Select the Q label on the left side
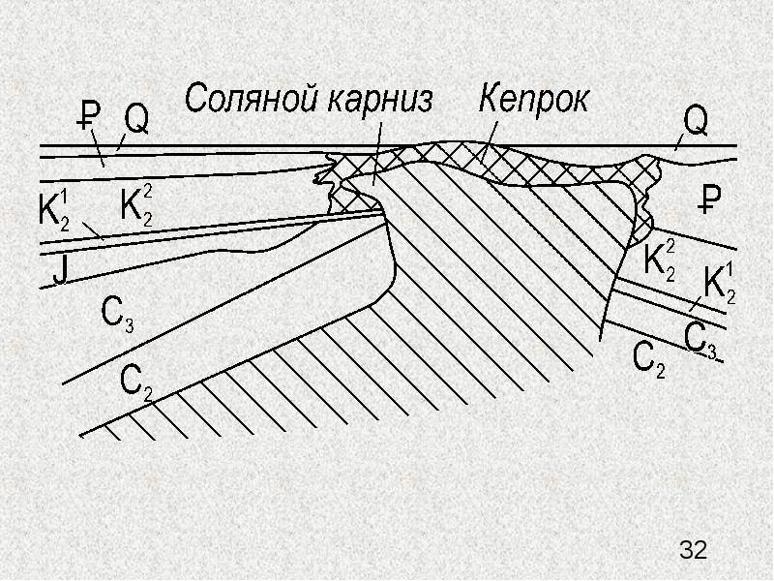(135, 120)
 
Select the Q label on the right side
(696, 121)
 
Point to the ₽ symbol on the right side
(710, 199)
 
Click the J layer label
(60, 271)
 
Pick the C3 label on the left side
(117, 315)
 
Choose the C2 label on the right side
(648, 359)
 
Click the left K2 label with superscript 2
(136, 207)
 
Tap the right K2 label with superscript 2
(660, 261)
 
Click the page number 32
(693, 549)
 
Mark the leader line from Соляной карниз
(376, 155)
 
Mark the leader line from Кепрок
(490, 141)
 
